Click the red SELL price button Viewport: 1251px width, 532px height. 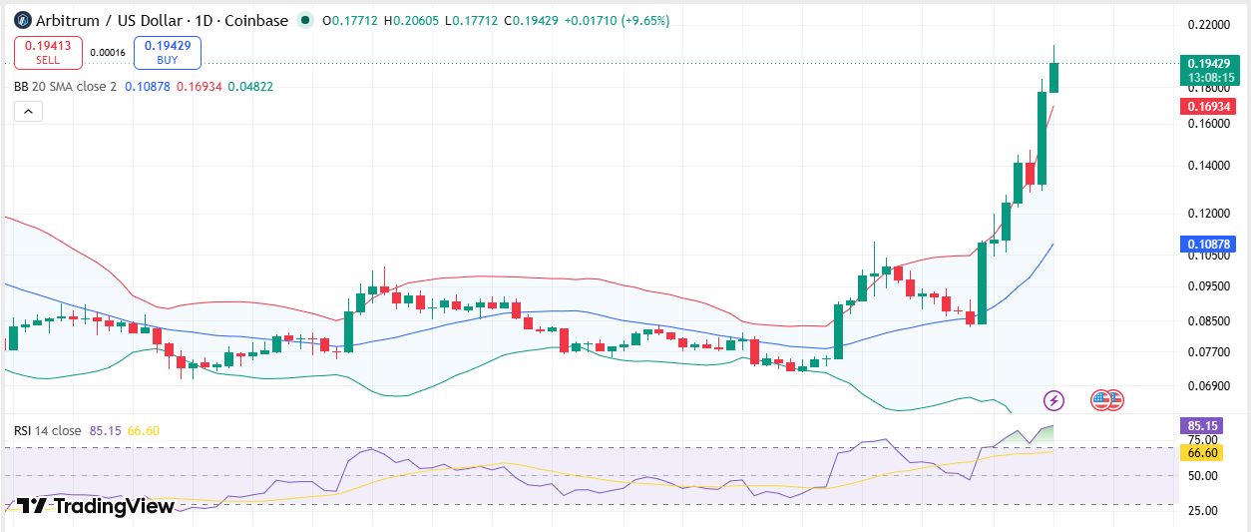(x=48, y=53)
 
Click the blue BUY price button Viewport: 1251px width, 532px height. (x=168, y=53)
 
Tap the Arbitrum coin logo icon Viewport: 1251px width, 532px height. (x=22, y=21)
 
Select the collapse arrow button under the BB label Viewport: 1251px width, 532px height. (x=29, y=111)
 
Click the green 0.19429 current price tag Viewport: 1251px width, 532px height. (x=1210, y=71)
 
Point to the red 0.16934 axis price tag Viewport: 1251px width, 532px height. (x=1208, y=106)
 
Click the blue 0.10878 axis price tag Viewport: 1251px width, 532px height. (x=1208, y=245)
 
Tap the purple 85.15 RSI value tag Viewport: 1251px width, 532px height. (x=1201, y=426)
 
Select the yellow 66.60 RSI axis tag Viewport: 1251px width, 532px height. (x=1201, y=452)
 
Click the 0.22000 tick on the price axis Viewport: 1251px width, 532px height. (x=1208, y=25)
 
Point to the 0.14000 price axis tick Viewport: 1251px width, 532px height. (x=1208, y=166)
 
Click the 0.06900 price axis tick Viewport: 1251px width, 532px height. (x=1208, y=385)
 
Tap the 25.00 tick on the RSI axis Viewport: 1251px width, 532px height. (x=1202, y=510)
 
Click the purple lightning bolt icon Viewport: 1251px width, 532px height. (x=1053, y=400)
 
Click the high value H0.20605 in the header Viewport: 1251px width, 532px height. (x=411, y=21)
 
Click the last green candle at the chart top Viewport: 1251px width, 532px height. (x=1053, y=78)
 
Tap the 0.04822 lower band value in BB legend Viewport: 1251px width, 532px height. (x=250, y=87)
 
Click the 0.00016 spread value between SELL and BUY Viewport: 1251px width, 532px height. (x=108, y=53)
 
